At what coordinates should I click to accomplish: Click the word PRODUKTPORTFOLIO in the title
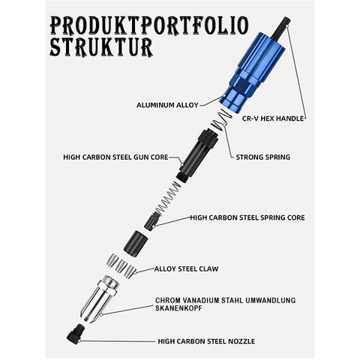pyautogui.click(x=149, y=25)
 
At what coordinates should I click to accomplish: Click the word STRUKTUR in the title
pyautogui.click(x=101, y=47)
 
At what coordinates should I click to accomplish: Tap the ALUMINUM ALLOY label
pyautogui.click(x=167, y=105)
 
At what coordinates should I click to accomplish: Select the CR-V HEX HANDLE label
pyautogui.click(x=273, y=118)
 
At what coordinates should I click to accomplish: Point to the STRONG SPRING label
pyautogui.click(x=263, y=157)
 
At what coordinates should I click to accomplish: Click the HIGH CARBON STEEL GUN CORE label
pyautogui.click(x=115, y=157)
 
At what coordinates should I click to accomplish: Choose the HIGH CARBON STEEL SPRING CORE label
pyautogui.click(x=247, y=217)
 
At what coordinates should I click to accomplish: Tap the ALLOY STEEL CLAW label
pyautogui.click(x=186, y=269)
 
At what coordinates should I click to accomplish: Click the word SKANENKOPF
pyautogui.click(x=178, y=308)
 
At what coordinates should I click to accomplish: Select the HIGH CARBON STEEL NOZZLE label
pyautogui.click(x=206, y=341)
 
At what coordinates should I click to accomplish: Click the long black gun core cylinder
pyautogui.click(x=197, y=154)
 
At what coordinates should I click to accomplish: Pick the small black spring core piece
pyautogui.click(x=152, y=220)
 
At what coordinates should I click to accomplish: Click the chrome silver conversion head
pyautogui.click(x=100, y=299)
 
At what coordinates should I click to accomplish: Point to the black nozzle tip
pyautogui.click(x=76, y=334)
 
